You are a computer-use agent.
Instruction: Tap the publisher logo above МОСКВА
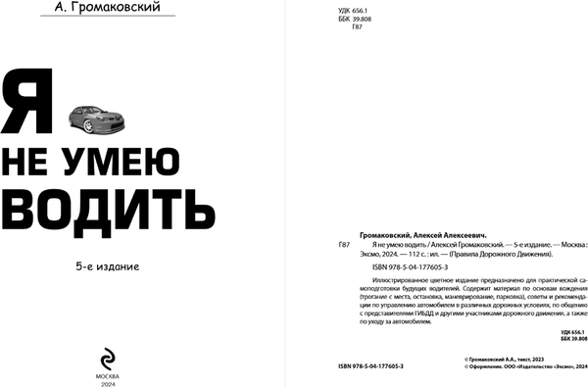[107, 331]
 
